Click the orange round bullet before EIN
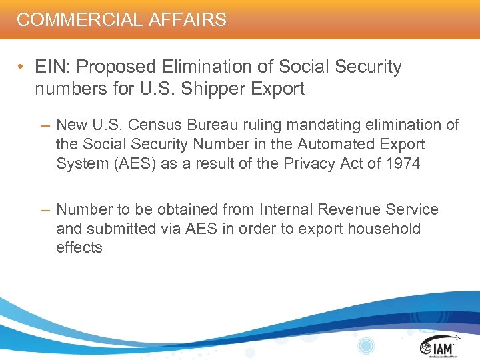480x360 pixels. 23,67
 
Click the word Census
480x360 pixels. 154,125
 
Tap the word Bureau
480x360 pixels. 209,125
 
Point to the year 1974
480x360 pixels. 402,163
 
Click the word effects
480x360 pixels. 79,247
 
